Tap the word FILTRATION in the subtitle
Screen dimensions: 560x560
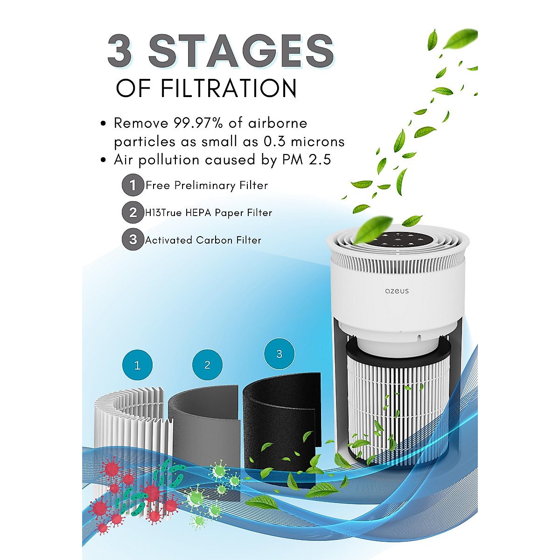[228, 88]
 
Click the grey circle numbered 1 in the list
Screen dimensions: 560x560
[133, 185]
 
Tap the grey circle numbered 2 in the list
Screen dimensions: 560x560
[133, 212]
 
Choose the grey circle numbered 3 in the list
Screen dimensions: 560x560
[133, 239]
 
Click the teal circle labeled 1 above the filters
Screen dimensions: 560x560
[137, 365]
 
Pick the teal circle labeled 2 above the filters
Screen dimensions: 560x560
[208, 365]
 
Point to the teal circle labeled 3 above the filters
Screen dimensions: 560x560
[279, 354]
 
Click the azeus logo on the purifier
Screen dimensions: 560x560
[397, 291]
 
